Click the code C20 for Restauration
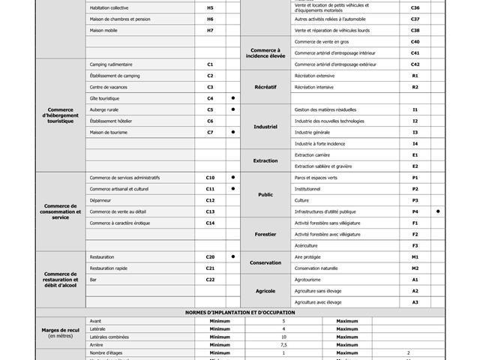click(210, 256)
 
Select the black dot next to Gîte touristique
click(233, 98)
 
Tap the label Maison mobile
click(104, 30)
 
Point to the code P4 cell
click(415, 211)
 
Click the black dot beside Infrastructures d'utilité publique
click(438, 211)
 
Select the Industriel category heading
click(265, 127)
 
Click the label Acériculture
click(306, 245)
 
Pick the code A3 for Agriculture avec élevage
click(415, 302)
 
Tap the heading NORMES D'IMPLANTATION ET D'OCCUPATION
click(240, 312)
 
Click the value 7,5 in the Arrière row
click(283, 344)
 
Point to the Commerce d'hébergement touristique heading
click(61, 115)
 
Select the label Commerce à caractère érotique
click(120, 223)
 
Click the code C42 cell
click(415, 64)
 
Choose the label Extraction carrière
click(312, 154)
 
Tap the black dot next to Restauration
click(233, 256)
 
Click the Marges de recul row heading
click(61, 331)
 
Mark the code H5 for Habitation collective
click(210, 7)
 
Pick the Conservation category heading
click(265, 262)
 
